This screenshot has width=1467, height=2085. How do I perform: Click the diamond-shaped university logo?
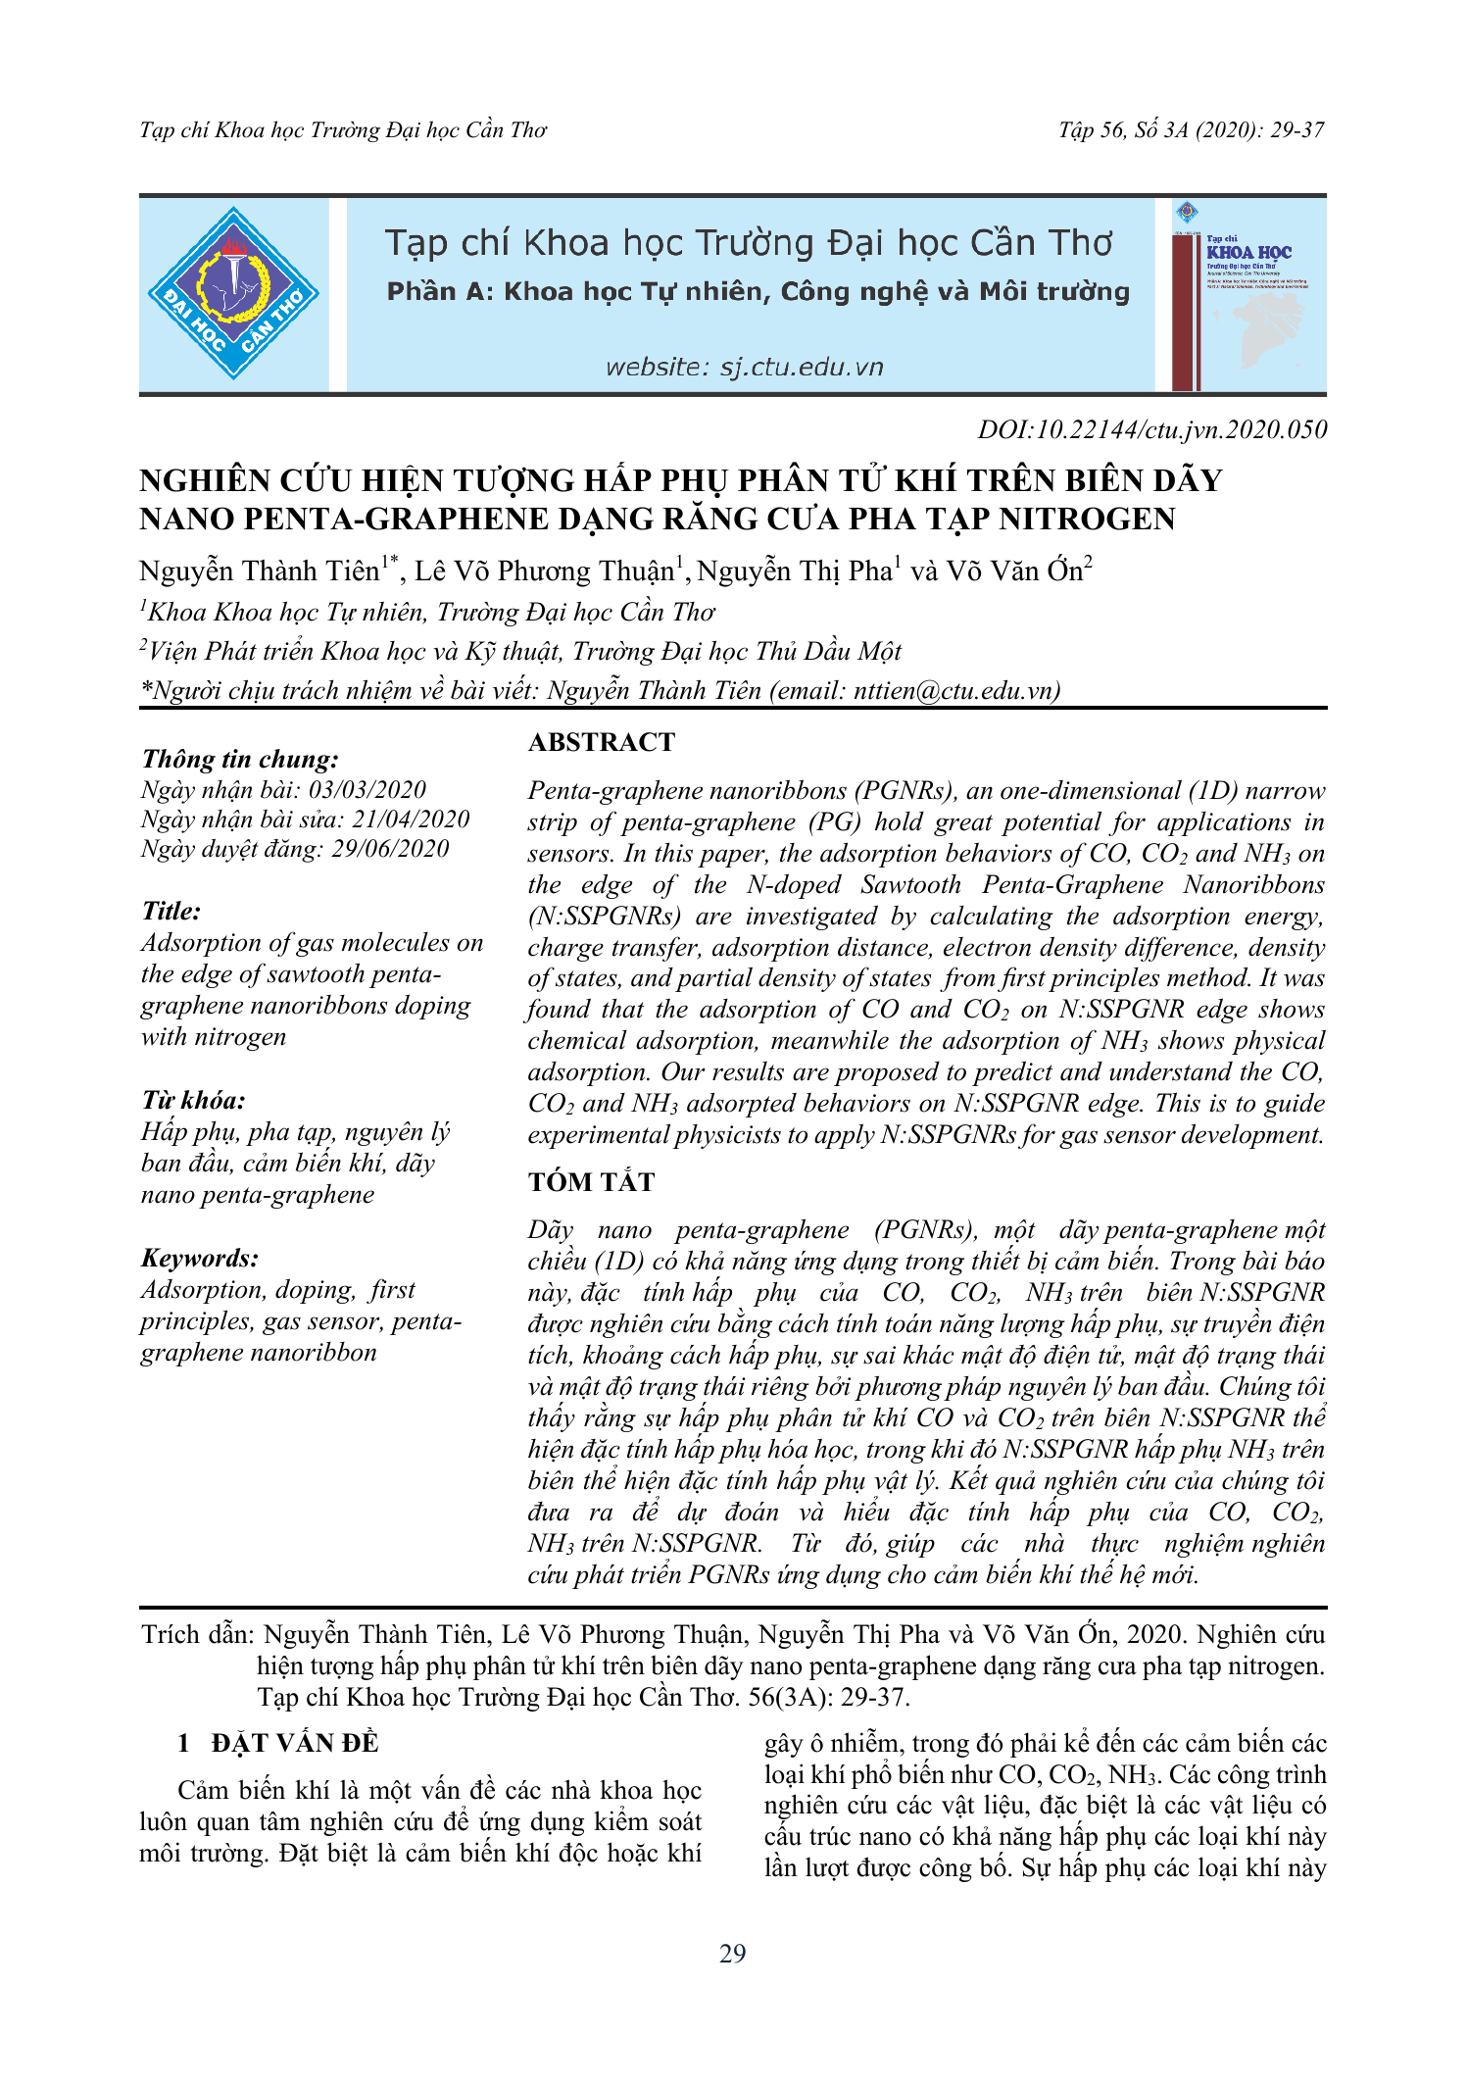233,293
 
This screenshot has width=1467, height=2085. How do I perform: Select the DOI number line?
1151,429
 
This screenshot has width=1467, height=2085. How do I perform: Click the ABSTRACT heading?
602,742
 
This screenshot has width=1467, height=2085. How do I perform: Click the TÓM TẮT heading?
591,1182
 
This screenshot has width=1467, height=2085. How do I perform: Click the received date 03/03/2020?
367,790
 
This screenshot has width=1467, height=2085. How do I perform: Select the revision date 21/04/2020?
411,819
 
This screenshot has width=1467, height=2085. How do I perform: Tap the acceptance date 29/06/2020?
390,849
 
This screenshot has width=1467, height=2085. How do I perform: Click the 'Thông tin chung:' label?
240,759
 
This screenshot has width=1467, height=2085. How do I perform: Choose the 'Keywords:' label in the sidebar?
200,1258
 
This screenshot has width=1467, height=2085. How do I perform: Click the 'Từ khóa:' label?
193,1100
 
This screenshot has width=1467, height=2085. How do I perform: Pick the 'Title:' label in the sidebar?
171,911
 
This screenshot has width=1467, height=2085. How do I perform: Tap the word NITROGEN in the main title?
1087,519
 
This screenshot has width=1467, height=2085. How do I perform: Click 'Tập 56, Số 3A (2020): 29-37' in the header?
1191,130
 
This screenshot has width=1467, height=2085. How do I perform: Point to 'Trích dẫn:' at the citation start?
197,1634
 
